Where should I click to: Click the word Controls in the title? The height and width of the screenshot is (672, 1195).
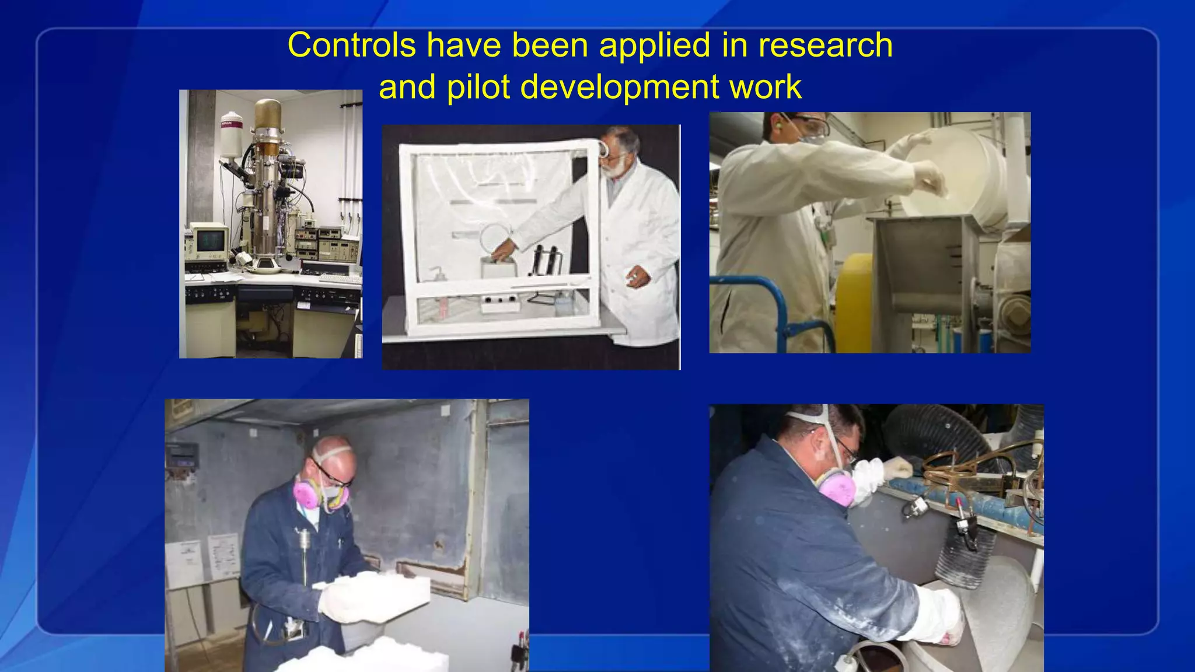(x=351, y=45)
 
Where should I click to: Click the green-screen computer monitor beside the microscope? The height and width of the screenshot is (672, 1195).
(x=208, y=239)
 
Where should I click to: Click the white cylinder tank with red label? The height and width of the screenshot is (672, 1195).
(x=231, y=135)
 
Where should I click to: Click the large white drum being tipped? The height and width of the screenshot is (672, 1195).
(x=957, y=175)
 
